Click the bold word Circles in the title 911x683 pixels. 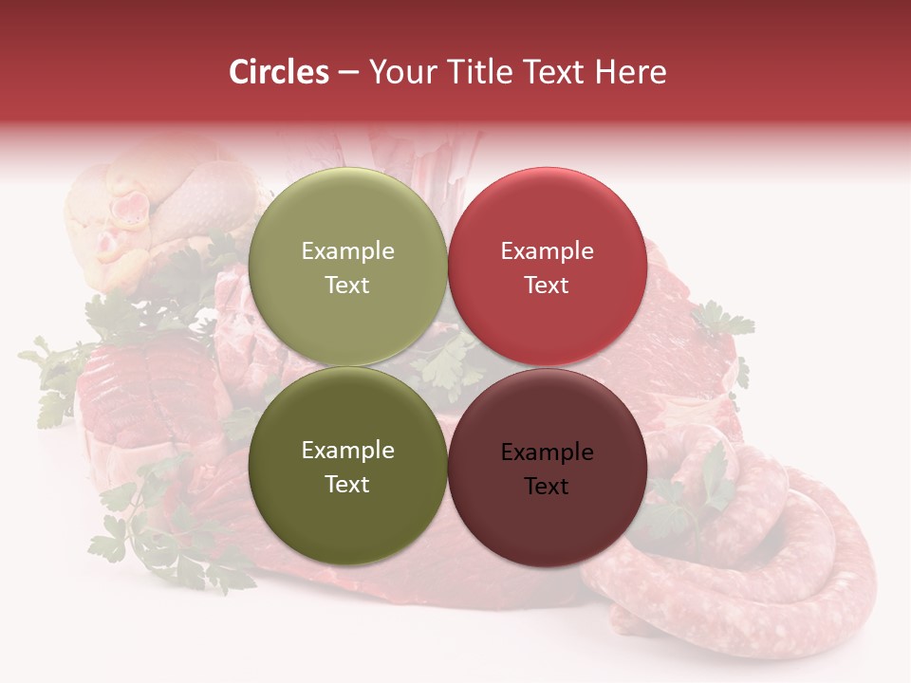pos(278,72)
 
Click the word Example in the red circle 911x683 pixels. pos(547,251)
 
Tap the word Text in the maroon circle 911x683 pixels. pos(547,486)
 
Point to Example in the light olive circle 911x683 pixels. pos(347,251)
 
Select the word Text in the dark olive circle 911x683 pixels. pos(347,484)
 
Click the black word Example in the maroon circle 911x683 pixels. pos(547,452)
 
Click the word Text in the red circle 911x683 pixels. pos(547,285)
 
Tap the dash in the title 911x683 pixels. pos(348,73)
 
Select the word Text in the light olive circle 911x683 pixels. pos(347,285)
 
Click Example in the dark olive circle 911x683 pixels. pos(347,451)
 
